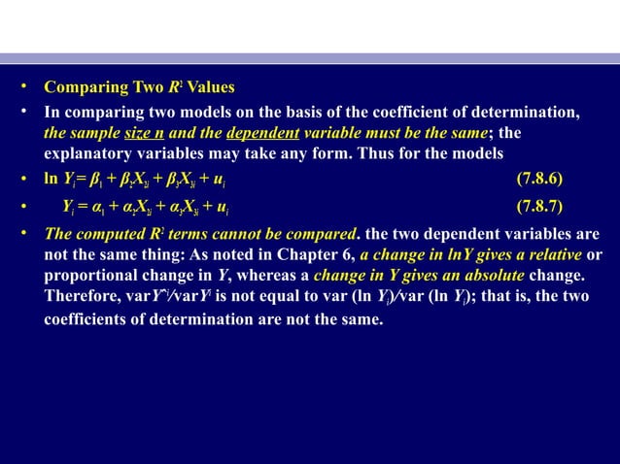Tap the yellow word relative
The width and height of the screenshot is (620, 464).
(559, 254)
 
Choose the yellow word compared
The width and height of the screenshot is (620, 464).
(320, 234)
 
